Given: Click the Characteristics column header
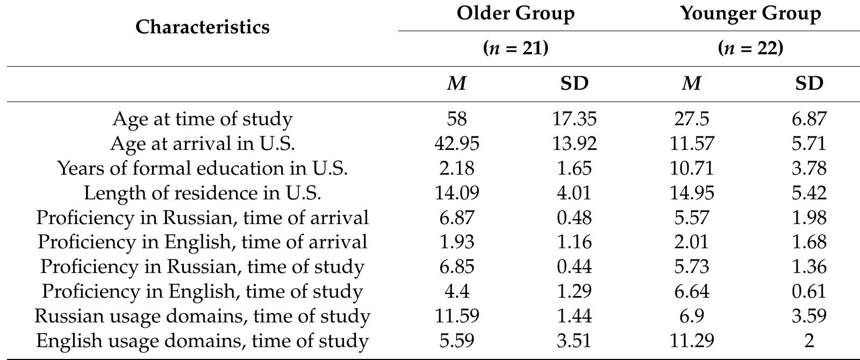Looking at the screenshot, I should tap(202, 27).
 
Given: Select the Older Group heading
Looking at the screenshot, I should tap(515, 13).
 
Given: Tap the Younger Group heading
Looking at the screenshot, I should tap(750, 13).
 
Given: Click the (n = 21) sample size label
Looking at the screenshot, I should tap(515, 48).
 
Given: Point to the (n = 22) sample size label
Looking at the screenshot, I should tap(750, 48).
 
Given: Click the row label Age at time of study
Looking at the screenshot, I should tap(202, 119).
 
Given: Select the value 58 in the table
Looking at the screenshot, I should tap(456, 119).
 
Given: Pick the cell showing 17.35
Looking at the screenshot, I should tap(574, 119).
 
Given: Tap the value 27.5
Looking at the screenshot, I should tap(691, 119).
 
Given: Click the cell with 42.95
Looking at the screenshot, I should tap(456, 143).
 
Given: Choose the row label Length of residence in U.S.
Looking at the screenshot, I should tap(202, 193).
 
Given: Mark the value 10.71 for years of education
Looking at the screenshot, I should tap(691, 168).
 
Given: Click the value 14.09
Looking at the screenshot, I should tap(456, 193).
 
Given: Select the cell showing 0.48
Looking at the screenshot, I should tap(574, 218).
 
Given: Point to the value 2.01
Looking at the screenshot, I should tap(691, 242).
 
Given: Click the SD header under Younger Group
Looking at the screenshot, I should tap(809, 84).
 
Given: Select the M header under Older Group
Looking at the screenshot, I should tap(456, 84).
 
